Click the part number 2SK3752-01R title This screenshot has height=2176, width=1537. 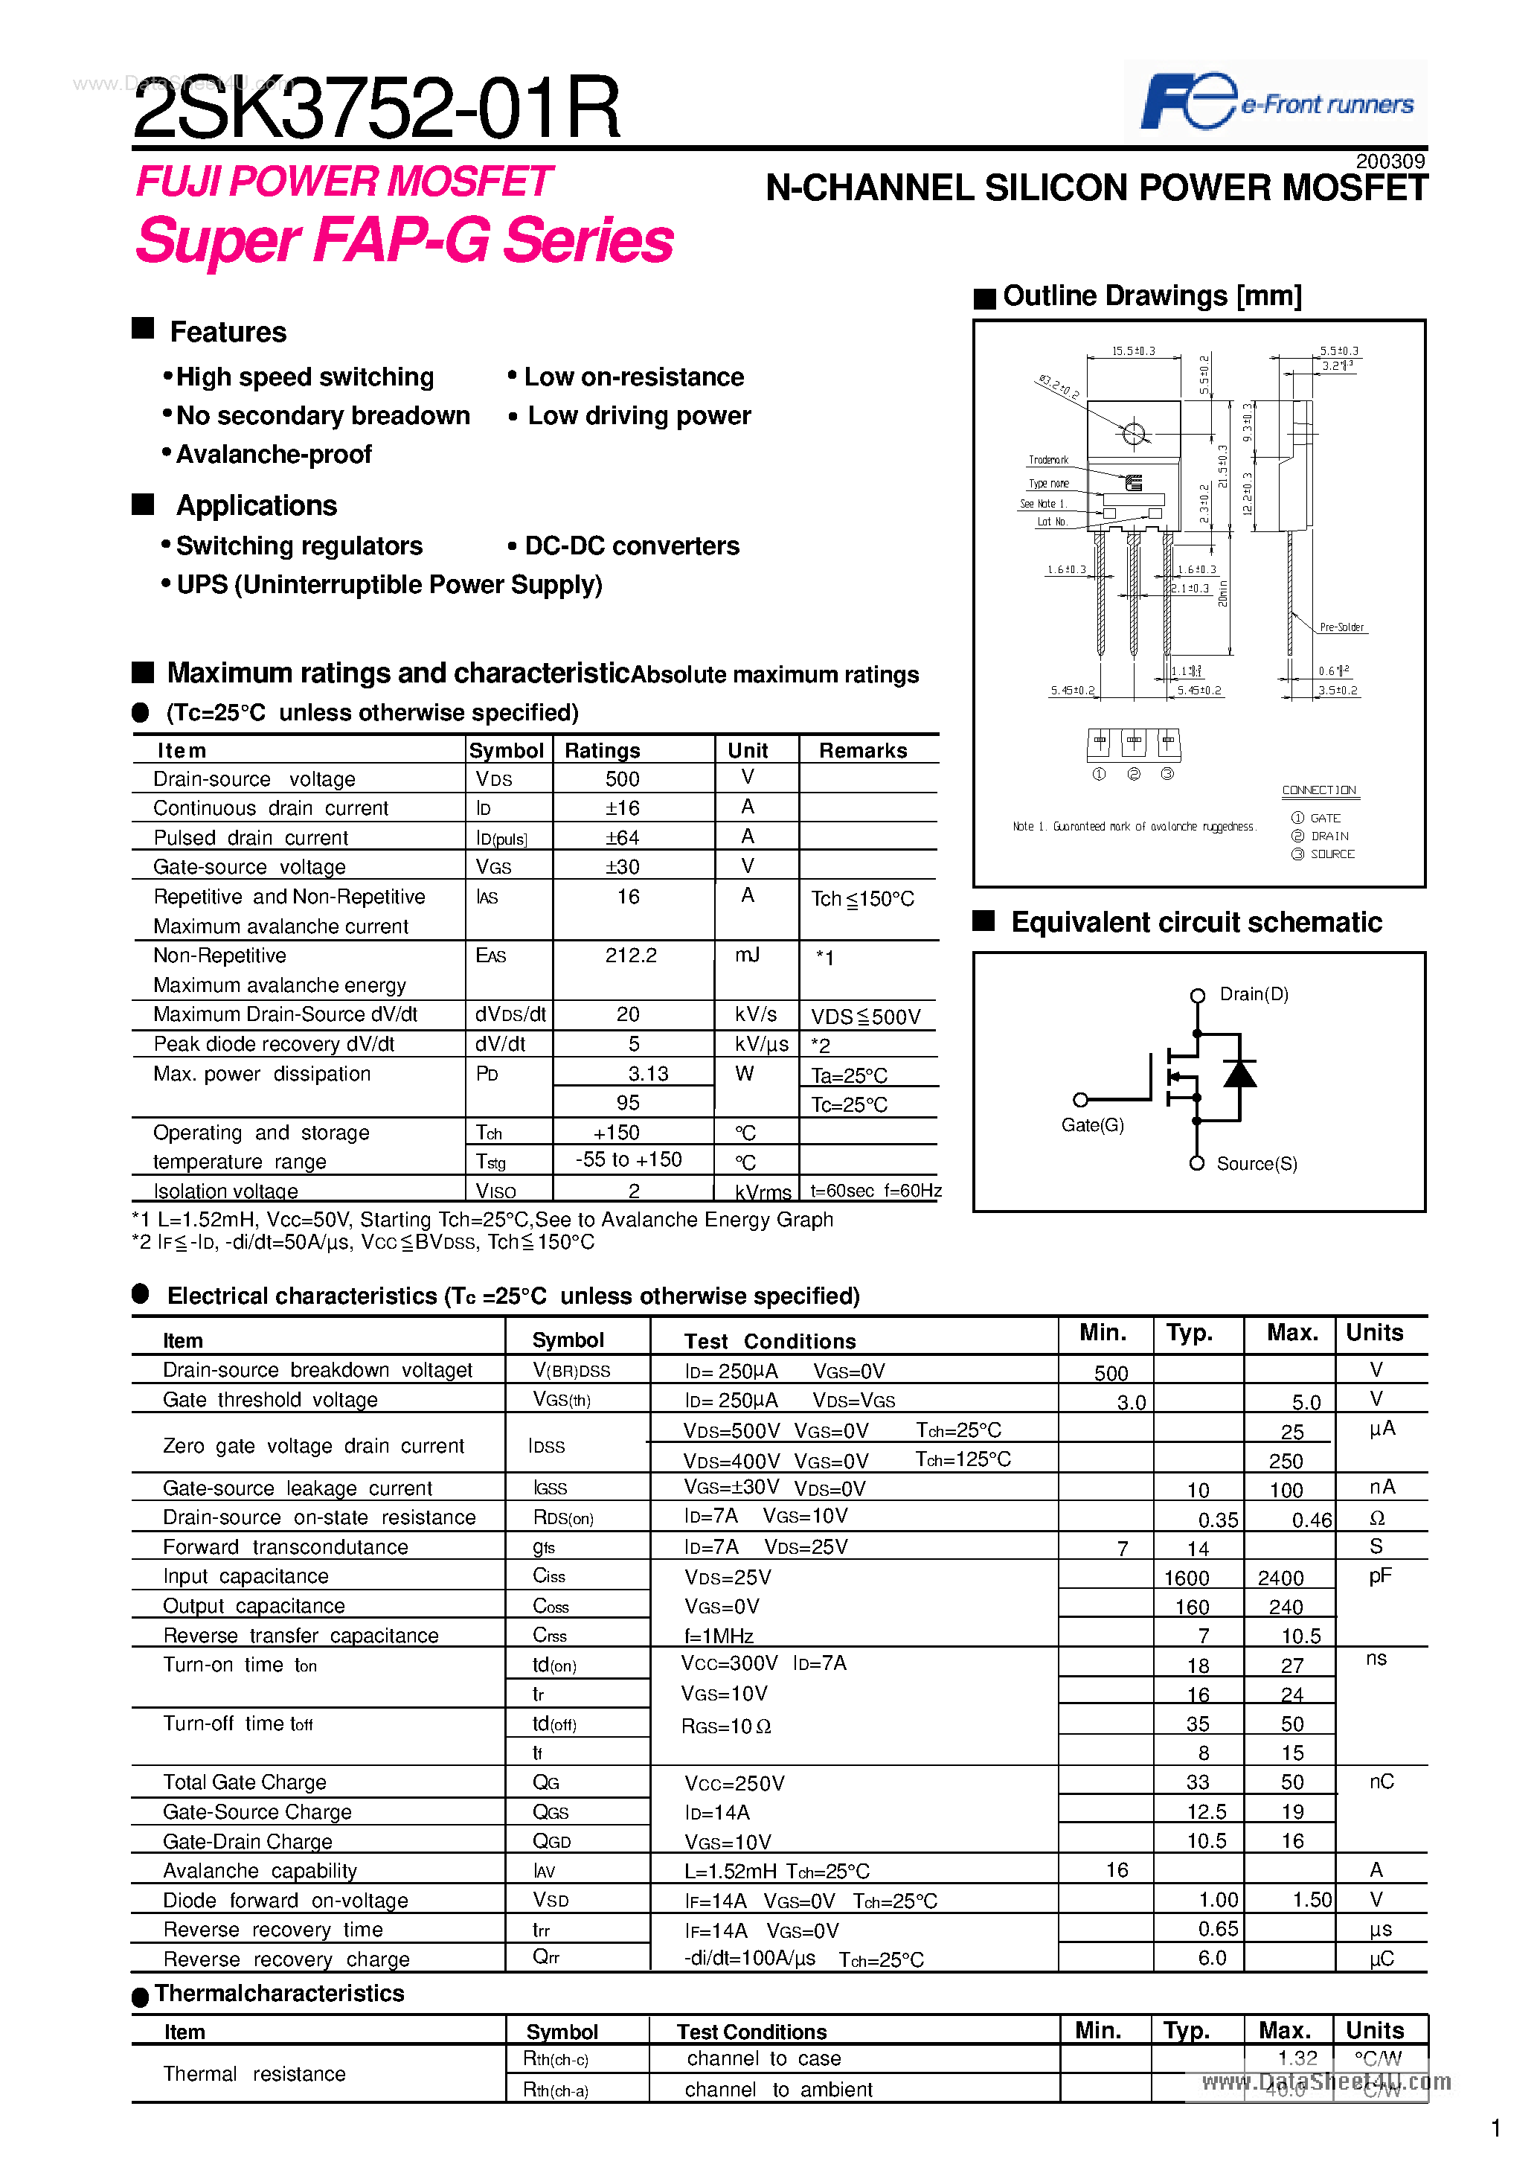pos(376,108)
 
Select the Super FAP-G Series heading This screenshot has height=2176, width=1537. pos(405,240)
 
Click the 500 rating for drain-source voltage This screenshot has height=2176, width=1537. pos(623,779)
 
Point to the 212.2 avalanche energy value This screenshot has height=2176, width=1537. pos(631,956)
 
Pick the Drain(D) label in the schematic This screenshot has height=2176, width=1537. pos(1254,994)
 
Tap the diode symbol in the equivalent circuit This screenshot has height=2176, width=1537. pos(1239,1074)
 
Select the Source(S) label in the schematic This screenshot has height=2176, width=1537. pos(1257,1164)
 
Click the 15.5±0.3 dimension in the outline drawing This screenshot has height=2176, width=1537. pos(1133,351)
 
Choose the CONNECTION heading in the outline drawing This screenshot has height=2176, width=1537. pos(1318,790)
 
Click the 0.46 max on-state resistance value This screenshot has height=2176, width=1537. pos(1312,1521)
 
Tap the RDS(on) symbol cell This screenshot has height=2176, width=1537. pos(563,1518)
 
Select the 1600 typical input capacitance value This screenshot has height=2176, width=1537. pos(1187,1578)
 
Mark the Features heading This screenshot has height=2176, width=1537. pos(228,333)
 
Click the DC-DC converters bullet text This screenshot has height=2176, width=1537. pos(631,546)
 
